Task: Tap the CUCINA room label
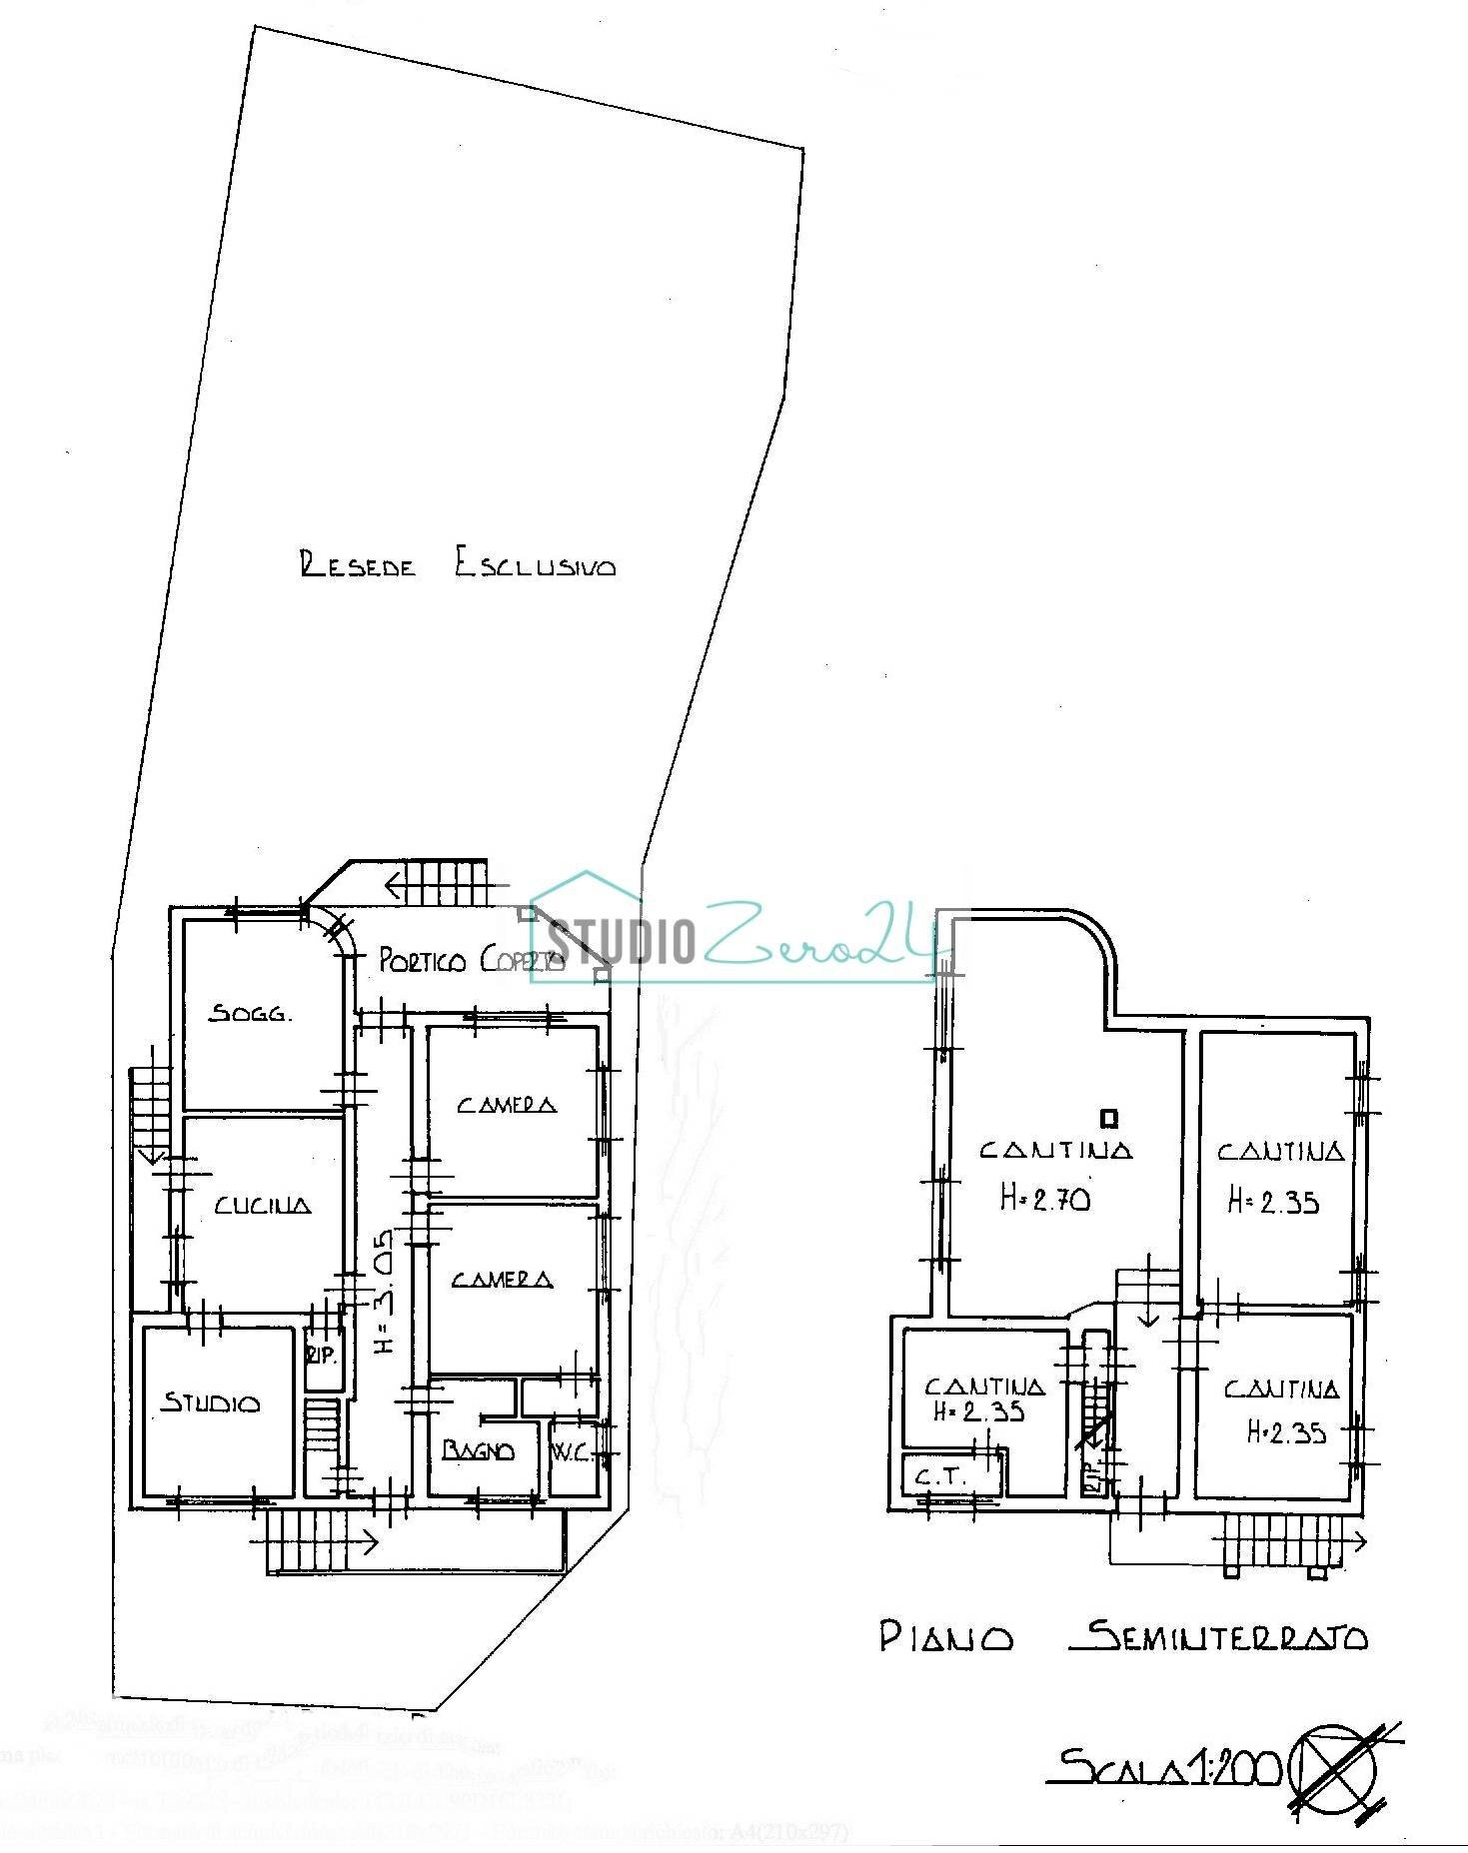tap(263, 1205)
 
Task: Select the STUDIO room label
tap(211, 1403)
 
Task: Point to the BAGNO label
tap(479, 1450)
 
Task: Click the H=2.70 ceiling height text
tap(1045, 1197)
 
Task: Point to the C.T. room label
tap(941, 1476)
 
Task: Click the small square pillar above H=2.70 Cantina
tap(1107, 1117)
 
